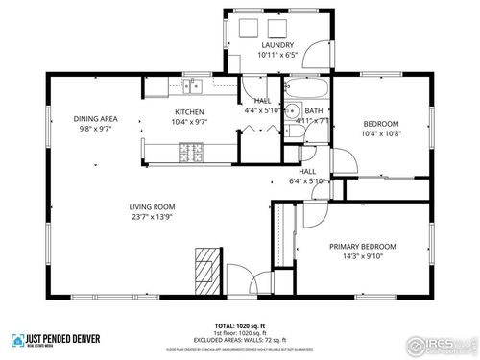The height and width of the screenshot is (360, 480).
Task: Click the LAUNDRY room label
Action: click(277, 45)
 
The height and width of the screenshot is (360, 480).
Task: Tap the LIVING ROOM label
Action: click(152, 206)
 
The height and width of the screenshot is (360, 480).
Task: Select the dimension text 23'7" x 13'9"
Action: click(152, 217)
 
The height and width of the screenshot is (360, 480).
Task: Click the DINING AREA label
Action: click(94, 119)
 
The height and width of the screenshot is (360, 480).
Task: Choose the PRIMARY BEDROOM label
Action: click(363, 246)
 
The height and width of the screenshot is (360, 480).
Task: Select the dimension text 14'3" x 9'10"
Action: click(363, 256)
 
